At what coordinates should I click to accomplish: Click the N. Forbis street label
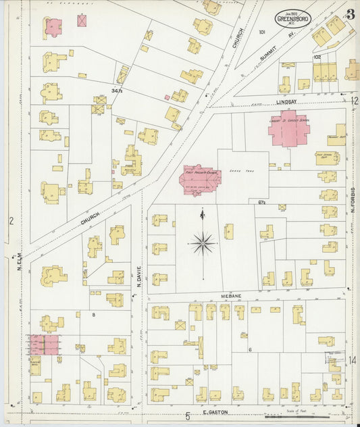pyautogui.click(x=352, y=202)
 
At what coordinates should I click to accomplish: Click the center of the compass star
pyautogui.click(x=203, y=242)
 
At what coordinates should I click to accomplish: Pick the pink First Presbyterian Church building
pyautogui.click(x=199, y=180)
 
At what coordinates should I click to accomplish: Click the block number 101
pyautogui.click(x=262, y=32)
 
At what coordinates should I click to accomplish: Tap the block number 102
pyautogui.click(x=316, y=57)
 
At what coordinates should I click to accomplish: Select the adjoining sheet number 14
pyautogui.click(x=353, y=359)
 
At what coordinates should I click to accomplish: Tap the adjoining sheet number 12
pyautogui.click(x=354, y=101)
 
